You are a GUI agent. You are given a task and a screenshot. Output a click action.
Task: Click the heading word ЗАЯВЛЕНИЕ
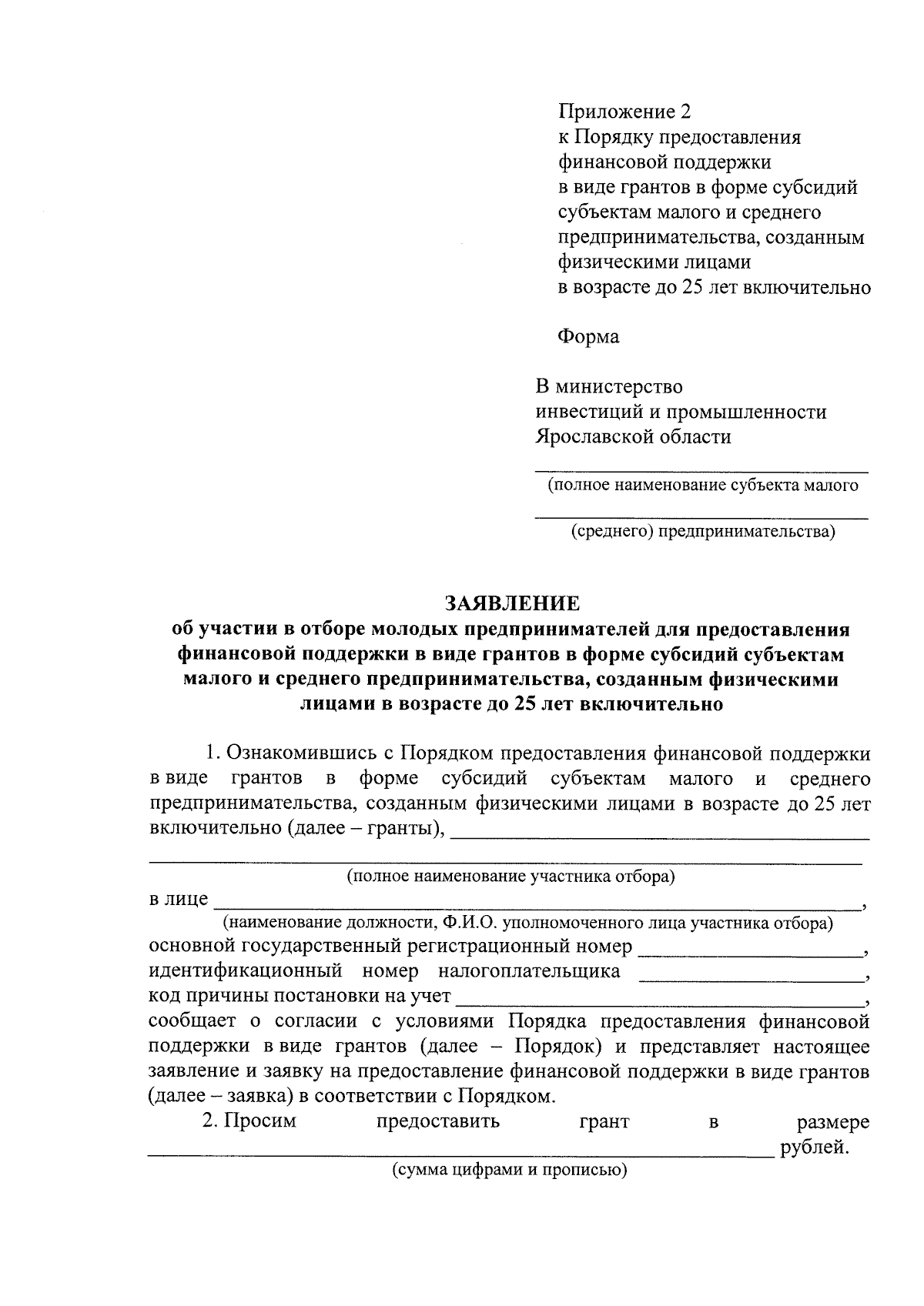point(511,602)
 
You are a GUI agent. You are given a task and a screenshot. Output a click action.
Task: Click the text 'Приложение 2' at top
point(624,112)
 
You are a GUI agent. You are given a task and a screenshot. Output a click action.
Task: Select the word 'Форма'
point(588,336)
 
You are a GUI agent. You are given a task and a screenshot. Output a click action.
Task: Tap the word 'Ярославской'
point(593,437)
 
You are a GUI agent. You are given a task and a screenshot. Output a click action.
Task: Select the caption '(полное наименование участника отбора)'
point(511,876)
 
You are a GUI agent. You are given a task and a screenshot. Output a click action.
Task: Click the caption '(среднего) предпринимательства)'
point(702,531)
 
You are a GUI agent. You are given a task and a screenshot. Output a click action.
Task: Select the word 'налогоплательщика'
point(529,970)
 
